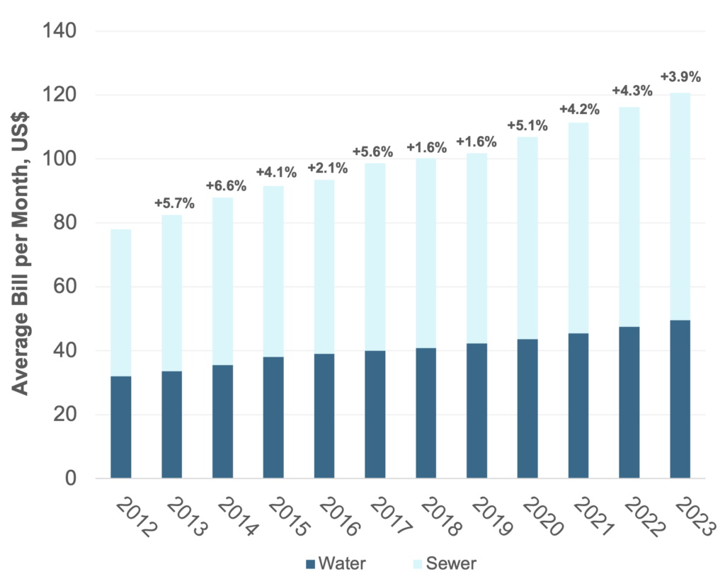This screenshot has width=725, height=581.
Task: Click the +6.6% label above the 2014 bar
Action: pyautogui.click(x=226, y=186)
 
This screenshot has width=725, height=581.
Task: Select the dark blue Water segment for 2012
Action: pyautogui.click(x=120, y=427)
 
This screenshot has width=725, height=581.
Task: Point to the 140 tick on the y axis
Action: pyautogui.click(x=62, y=31)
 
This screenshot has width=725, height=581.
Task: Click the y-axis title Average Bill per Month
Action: pyautogui.click(x=22, y=255)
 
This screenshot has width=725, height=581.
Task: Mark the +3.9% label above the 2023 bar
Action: pyautogui.click(x=680, y=76)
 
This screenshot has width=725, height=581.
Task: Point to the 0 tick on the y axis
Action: pyautogui.click(x=72, y=478)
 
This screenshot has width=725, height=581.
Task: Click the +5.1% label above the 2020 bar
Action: pyautogui.click(x=527, y=126)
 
